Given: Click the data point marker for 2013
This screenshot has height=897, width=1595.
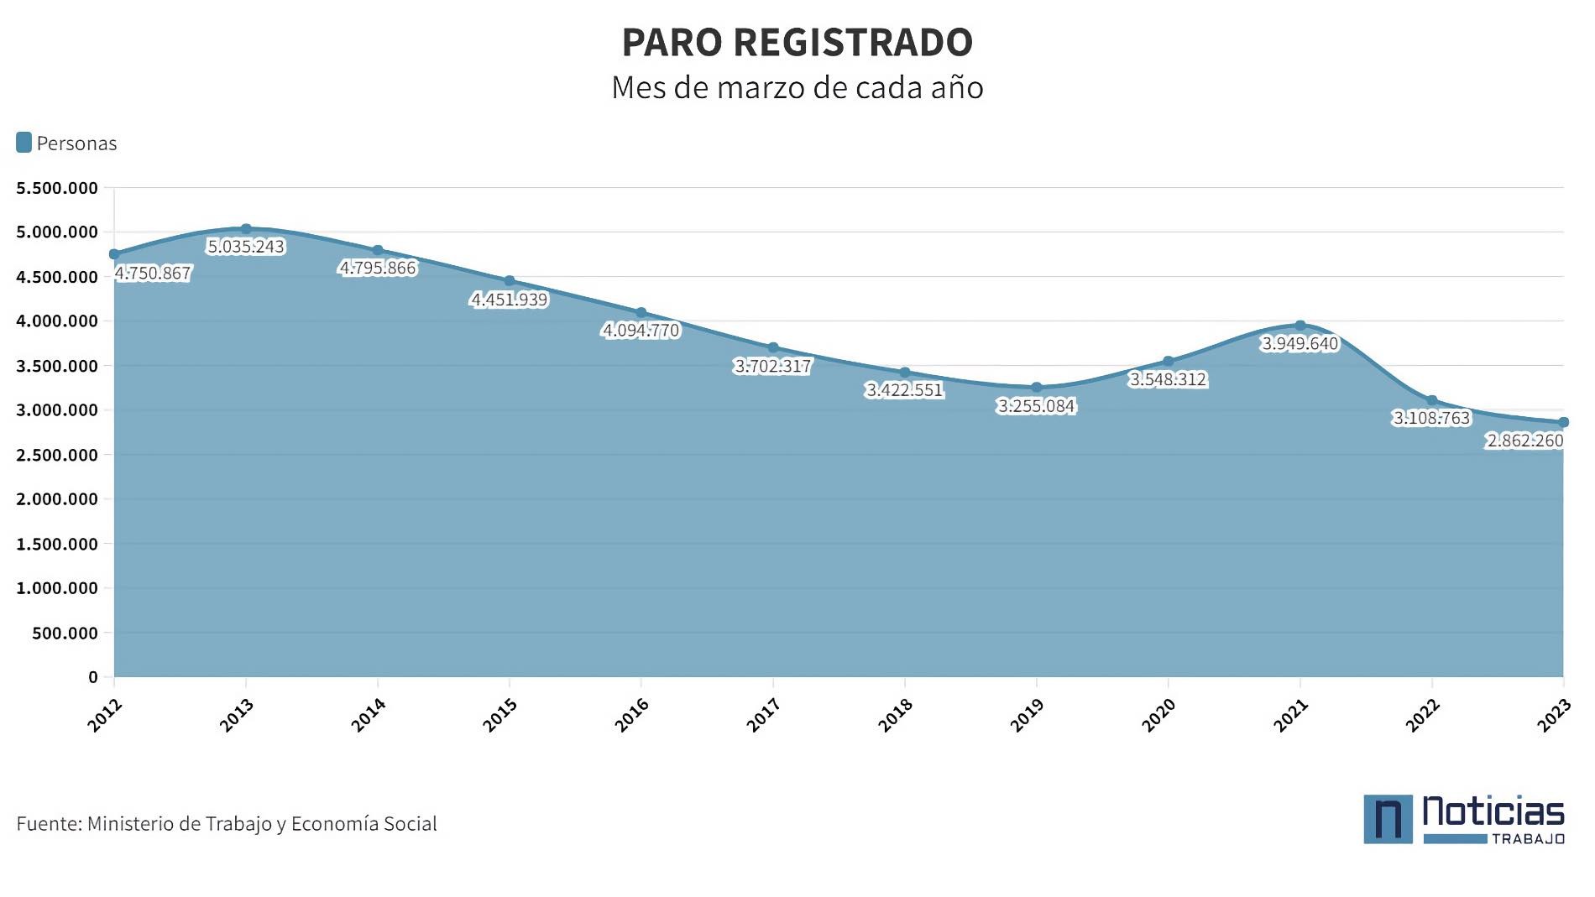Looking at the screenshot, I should pos(246,229).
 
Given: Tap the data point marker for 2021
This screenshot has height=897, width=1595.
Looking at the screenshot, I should pos(1300,326).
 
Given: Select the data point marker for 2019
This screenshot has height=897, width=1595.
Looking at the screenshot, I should pos(1037,388).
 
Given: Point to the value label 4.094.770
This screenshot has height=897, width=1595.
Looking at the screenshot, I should pos(641,331).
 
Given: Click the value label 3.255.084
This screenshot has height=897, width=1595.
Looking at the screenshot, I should pos(1037,406).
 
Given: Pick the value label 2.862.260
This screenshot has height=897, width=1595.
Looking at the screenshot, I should pos(1524,441).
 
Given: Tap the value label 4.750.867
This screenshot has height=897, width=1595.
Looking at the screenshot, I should pos(153,274).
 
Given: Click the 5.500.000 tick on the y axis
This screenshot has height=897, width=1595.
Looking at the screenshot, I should pos(57,188).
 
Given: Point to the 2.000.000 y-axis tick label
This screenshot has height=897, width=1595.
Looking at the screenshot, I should pos(57,499).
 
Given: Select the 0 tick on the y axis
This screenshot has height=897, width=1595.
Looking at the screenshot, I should pos(93,677).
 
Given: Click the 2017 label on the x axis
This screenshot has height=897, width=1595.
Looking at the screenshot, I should pos(763,715).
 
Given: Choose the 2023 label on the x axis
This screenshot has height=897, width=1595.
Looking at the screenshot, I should pos(1554,715).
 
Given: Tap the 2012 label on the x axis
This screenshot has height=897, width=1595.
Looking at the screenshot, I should pos(105,715).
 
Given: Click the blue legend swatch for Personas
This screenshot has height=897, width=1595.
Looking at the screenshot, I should pos(24,143).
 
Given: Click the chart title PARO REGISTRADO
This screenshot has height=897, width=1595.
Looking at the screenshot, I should pos(797,42).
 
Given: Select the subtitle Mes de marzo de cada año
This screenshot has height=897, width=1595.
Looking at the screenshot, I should pos(797,87).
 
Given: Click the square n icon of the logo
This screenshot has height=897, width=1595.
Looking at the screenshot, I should pos(1388,819).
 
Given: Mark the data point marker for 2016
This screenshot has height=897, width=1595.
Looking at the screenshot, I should pos(641,313).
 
